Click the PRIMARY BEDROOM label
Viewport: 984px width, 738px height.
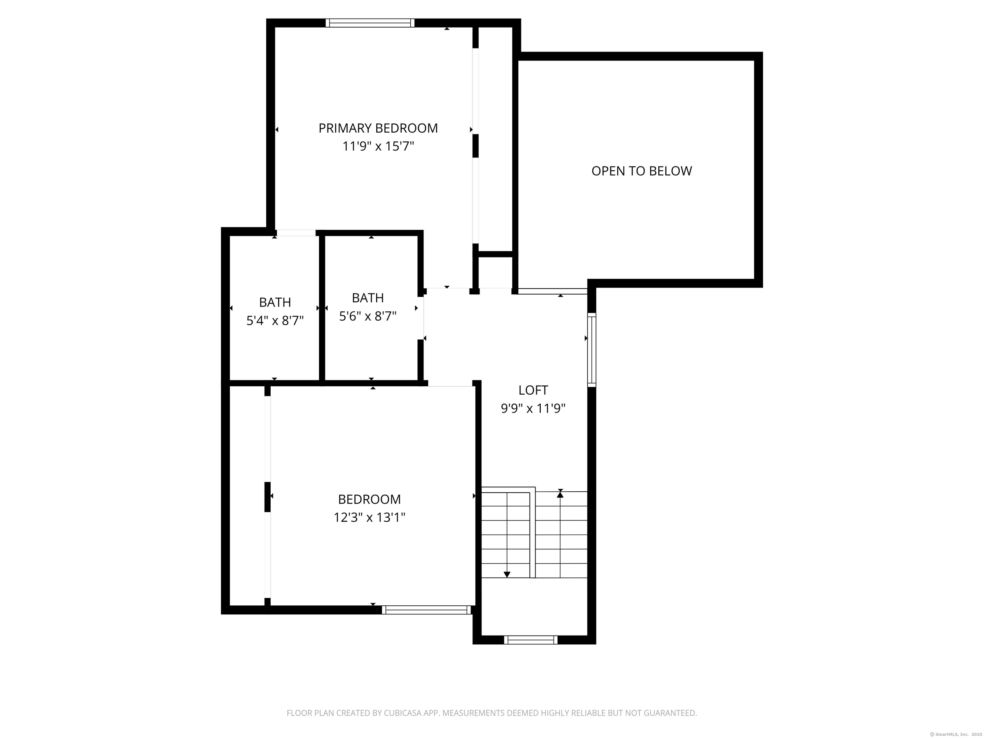[x=378, y=128]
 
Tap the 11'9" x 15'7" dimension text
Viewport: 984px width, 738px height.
[x=378, y=146]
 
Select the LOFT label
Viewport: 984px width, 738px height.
[x=533, y=390]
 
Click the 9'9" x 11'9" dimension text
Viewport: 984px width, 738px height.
[x=533, y=408]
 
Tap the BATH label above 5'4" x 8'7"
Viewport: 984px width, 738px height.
[x=275, y=302]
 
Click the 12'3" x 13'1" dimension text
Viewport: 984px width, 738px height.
[x=369, y=517]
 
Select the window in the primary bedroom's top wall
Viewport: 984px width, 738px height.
[x=370, y=23]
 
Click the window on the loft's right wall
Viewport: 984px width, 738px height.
[x=592, y=350]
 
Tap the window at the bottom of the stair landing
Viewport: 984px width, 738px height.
[x=531, y=640]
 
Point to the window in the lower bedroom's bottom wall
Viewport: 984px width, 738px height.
[x=426, y=610]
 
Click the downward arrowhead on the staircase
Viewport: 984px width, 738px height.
[x=507, y=574]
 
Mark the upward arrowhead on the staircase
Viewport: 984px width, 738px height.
[x=560, y=494]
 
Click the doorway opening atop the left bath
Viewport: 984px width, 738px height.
[x=296, y=233]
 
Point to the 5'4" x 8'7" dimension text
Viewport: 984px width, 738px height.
[x=275, y=320]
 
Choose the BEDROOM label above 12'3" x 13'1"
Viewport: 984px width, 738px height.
[x=369, y=500]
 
